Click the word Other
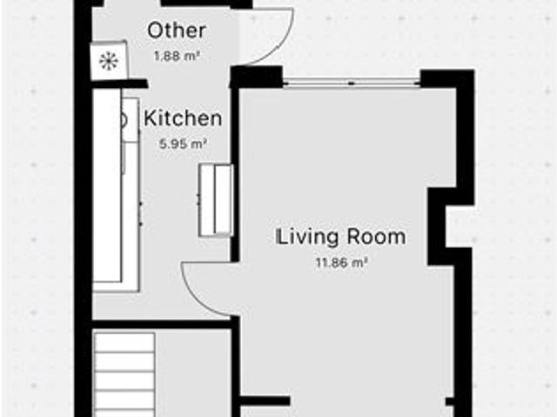click(177, 30)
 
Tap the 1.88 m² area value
click(177, 56)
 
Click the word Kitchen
click(183, 118)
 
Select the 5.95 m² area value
click(183, 145)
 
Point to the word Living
click(306, 237)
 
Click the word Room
click(376, 237)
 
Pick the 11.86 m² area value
click(341, 263)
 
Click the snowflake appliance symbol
click(109, 61)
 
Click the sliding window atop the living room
click(352, 83)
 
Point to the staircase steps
click(124, 374)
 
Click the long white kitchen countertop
click(107, 185)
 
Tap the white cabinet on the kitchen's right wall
click(216, 200)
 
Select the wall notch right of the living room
click(437, 226)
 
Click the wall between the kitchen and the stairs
click(162, 325)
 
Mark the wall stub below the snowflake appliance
click(120, 84)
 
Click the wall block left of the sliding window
click(257, 77)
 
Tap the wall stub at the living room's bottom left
click(265, 401)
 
